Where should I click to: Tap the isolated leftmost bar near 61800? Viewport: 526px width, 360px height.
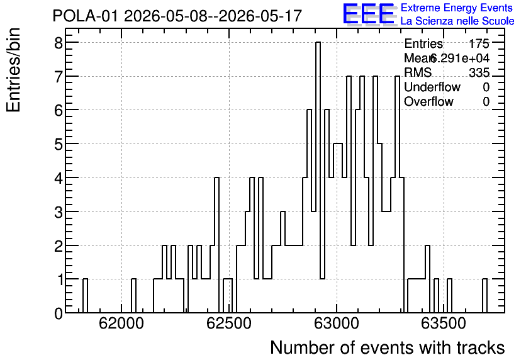coord(85,296)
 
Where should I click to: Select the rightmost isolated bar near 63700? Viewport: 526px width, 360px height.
coord(484,296)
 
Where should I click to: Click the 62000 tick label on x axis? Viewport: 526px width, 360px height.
coord(121,323)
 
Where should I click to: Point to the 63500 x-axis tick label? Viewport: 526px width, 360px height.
coord(444,323)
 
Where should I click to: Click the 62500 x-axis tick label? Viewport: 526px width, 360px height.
coord(229,323)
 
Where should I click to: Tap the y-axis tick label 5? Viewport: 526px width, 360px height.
coord(59,144)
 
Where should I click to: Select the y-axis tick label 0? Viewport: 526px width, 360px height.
coord(59,313)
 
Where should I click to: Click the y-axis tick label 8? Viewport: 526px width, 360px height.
coord(59,42)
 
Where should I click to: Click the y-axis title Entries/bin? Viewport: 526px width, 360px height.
coord(13,70)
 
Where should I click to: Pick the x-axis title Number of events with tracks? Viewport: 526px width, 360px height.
coord(388,347)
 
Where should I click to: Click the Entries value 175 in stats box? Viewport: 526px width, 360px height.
coord(479,43)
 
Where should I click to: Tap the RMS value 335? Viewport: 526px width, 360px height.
coord(479,72)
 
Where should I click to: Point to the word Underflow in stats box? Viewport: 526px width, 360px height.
coord(432,87)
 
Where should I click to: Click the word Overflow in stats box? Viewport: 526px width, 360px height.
coord(428,101)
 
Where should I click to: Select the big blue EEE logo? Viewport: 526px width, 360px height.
coord(369,14)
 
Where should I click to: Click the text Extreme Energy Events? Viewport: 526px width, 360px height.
coord(457,8)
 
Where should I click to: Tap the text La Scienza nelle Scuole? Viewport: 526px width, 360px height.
coord(457,21)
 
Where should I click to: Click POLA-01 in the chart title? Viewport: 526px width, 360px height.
coord(86,16)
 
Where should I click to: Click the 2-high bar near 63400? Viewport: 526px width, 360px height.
coord(427,279)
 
